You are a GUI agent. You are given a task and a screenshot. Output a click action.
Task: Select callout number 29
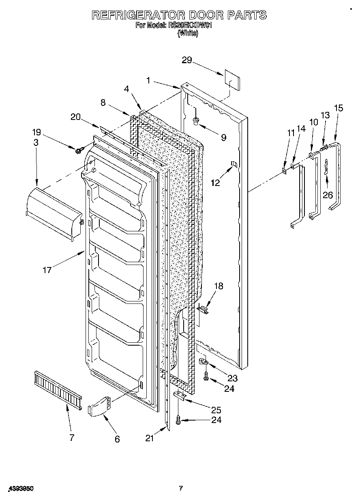point(187,60)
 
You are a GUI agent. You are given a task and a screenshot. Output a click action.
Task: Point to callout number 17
point(47,270)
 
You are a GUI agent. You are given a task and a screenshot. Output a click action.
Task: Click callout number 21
point(150,438)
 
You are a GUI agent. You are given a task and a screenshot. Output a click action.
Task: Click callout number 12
point(215,182)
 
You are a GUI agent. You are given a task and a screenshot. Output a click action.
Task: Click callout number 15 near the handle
point(338,108)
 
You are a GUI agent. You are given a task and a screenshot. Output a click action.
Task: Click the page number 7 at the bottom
point(181,489)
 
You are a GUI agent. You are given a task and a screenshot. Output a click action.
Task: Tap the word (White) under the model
point(188,34)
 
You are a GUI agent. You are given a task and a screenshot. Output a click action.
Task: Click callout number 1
point(148,81)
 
